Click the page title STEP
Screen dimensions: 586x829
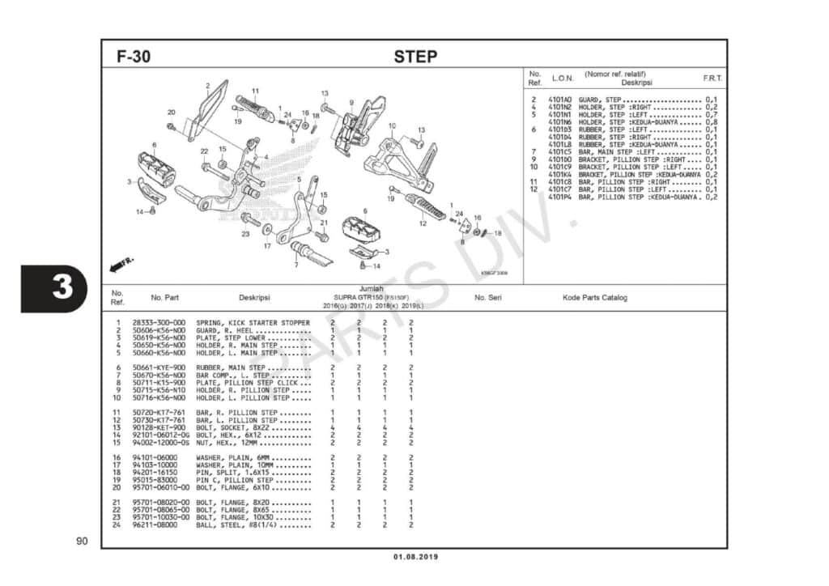pos(415,57)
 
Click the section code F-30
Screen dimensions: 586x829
pos(134,57)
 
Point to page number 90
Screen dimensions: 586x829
pos(81,541)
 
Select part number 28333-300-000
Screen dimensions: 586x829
pos(159,323)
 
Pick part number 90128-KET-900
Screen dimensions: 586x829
pos(159,427)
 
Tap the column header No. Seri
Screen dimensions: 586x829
pos(488,298)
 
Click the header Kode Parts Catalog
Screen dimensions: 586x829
pos(595,298)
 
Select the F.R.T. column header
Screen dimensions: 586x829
pos(712,79)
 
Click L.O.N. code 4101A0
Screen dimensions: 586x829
pos(559,100)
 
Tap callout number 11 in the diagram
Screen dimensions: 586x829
pos(254,91)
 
